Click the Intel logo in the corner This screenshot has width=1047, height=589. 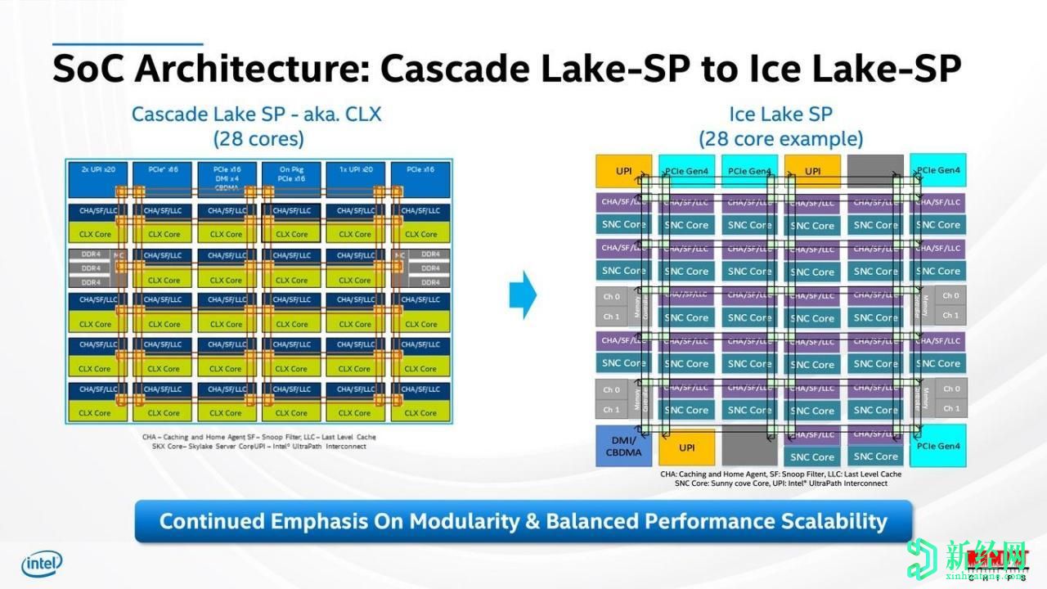42,563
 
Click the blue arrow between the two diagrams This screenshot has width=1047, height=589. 523,294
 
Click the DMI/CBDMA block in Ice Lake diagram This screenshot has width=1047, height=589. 623,446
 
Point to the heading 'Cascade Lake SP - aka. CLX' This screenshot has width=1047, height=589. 257,114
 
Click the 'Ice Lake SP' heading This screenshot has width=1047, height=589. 780,114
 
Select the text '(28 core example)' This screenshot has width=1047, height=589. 780,138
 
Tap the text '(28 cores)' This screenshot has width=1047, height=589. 258,138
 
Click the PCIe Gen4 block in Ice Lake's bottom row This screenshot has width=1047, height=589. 937,446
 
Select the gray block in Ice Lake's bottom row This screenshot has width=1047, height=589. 750,447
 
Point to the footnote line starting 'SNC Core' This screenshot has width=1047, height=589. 780,483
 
